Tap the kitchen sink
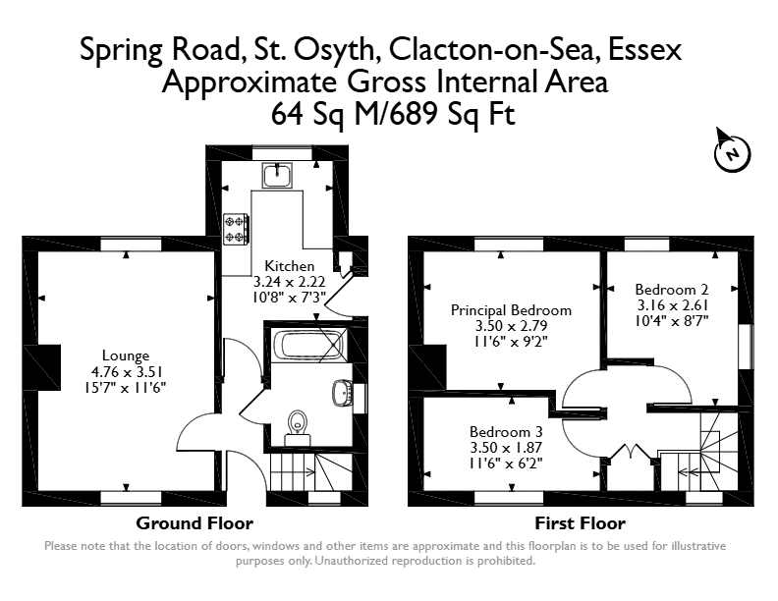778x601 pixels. click(277, 175)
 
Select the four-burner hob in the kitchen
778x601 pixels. click(236, 229)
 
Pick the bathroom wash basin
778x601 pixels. click(343, 393)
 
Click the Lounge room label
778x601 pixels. click(126, 355)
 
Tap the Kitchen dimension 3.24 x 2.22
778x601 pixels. click(289, 282)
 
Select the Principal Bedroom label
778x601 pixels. click(511, 310)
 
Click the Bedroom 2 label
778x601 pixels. click(671, 289)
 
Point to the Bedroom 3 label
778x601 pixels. click(506, 431)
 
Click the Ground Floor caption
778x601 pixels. click(194, 523)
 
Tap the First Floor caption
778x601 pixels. click(580, 523)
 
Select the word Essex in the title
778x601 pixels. click(644, 49)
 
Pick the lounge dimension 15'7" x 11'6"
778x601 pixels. click(126, 387)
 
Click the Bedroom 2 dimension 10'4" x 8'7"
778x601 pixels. click(671, 321)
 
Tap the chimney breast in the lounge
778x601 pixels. click(49, 367)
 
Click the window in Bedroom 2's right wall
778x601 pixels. click(746, 347)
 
